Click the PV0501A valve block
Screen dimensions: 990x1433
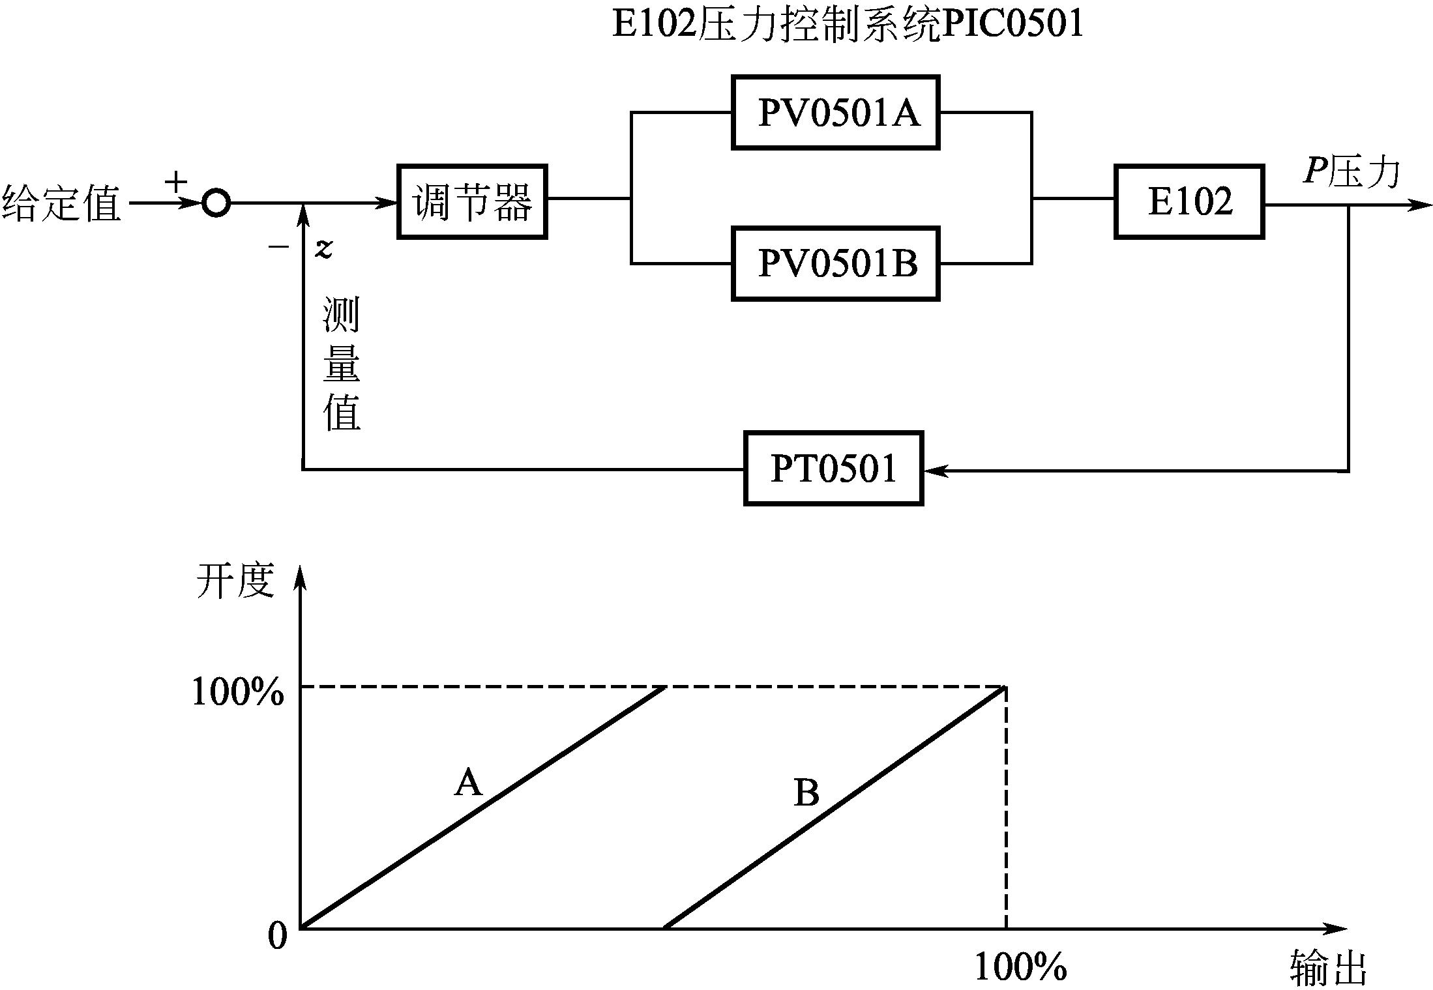tap(836, 113)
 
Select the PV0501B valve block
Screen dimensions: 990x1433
tap(836, 263)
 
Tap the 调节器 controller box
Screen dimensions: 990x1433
tap(472, 202)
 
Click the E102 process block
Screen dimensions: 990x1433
tap(1189, 202)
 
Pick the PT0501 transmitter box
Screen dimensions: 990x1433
tap(833, 468)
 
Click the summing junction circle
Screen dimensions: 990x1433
tap(216, 203)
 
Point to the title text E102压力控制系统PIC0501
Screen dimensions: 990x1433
tap(848, 23)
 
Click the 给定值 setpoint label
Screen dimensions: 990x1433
tap(62, 203)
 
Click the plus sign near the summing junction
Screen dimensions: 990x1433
tap(176, 181)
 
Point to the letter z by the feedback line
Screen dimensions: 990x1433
tap(324, 248)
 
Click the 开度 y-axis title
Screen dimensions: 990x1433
tap(235, 579)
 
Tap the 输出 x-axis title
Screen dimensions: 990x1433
tap(1329, 967)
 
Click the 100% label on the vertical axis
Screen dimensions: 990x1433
tap(237, 692)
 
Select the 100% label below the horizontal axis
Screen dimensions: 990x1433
tap(1020, 967)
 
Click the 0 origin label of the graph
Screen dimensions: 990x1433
tap(277, 937)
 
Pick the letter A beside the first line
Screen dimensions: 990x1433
tap(468, 782)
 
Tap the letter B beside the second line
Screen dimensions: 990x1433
tap(806, 793)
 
